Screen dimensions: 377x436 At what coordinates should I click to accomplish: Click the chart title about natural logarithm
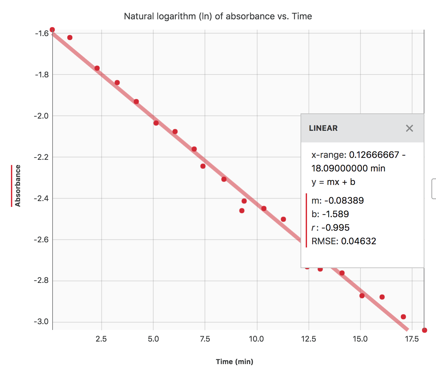point(218,16)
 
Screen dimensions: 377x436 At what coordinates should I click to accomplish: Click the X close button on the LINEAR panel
point(409,128)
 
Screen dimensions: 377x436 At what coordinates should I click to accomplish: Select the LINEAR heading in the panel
point(323,128)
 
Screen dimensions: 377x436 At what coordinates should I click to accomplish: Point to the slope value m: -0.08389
point(337,200)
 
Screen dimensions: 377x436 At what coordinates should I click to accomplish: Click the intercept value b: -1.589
point(330,214)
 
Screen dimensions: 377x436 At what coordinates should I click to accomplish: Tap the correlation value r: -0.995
point(330,227)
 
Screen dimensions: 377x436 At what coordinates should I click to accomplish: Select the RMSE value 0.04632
point(343,241)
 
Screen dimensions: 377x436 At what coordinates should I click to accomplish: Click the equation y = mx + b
point(333,182)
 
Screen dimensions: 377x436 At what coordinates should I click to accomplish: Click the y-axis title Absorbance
point(18,186)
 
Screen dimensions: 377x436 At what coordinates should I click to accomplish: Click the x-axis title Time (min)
point(234,362)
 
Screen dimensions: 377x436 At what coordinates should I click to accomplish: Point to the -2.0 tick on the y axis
point(42,116)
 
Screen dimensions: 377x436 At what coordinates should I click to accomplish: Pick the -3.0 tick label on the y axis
point(42,322)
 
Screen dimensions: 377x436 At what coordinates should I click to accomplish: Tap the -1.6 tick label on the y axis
point(42,34)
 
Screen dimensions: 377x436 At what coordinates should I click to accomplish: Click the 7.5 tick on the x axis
point(205,339)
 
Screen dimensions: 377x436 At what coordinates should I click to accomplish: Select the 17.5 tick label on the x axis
point(412,339)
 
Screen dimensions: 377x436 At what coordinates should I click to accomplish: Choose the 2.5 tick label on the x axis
point(101,339)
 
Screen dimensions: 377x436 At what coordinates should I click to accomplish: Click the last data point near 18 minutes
point(424,330)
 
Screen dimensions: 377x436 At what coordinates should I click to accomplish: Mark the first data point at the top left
point(52,30)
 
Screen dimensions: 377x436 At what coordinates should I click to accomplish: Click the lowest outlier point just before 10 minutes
point(242,211)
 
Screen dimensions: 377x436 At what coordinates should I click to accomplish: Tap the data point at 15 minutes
point(362,295)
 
